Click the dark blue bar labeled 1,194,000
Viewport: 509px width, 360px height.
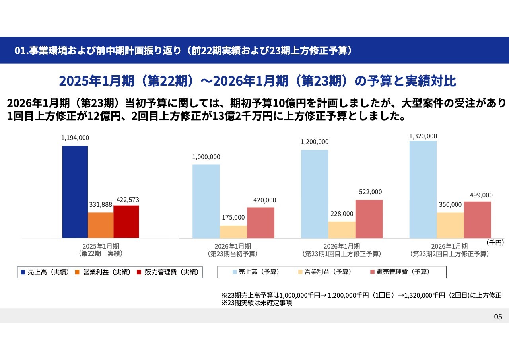[x=75, y=192]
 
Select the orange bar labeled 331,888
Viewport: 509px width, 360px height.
[x=101, y=225]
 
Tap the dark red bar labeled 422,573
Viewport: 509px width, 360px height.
[x=126, y=222]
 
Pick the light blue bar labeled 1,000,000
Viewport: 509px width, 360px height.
[x=206, y=201]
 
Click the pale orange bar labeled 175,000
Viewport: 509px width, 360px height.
[x=233, y=232]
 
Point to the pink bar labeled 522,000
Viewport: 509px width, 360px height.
[x=369, y=219]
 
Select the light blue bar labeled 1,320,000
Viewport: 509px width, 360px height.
[x=423, y=189]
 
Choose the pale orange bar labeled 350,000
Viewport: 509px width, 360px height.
[x=450, y=225]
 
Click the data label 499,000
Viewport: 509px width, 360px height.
[x=481, y=195]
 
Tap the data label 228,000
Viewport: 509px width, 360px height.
[x=342, y=214]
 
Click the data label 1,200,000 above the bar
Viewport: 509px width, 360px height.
[x=315, y=142]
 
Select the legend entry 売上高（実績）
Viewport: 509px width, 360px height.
[x=45, y=272]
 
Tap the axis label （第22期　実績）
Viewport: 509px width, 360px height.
[x=101, y=253]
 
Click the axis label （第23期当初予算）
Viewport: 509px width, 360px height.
[x=233, y=253]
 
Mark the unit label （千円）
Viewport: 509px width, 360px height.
[x=495, y=242]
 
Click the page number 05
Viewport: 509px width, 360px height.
[x=498, y=317]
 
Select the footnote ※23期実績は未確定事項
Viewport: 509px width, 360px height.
[x=257, y=303]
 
